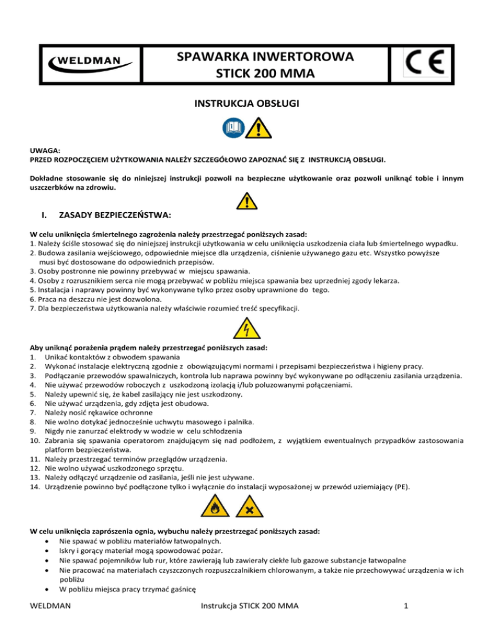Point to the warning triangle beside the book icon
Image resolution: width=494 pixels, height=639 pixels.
tap(258, 127)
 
